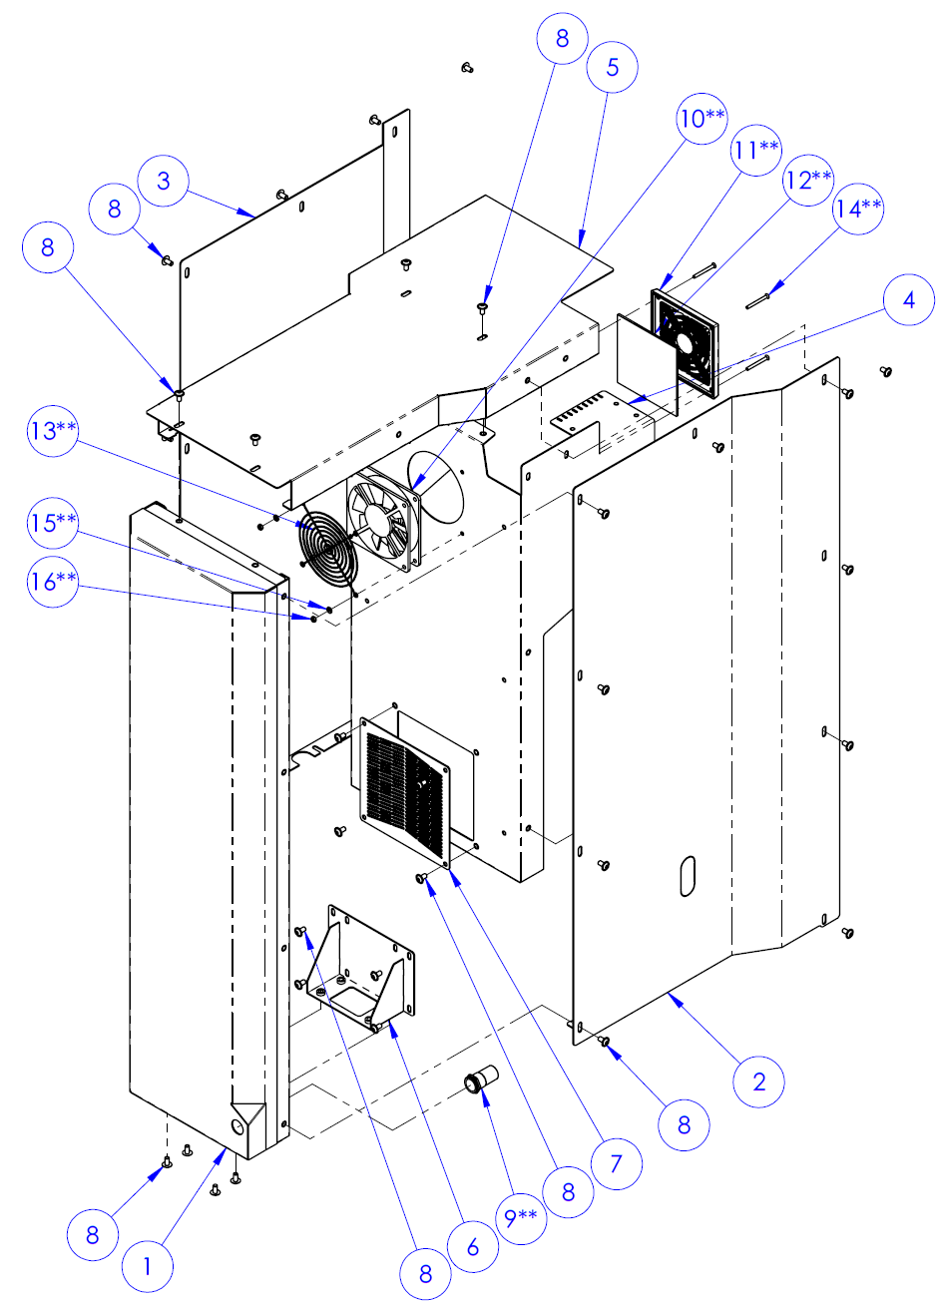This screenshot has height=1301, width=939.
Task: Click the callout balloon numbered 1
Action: (148, 1267)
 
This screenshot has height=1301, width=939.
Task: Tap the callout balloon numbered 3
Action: (164, 182)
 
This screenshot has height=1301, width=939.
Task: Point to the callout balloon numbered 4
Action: (908, 299)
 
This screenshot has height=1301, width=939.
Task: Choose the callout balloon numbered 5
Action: (613, 67)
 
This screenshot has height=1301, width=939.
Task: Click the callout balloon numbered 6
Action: (472, 1247)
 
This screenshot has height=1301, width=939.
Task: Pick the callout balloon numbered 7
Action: (616, 1163)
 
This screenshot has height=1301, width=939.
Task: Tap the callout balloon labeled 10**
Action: (703, 119)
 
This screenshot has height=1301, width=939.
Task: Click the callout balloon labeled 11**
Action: (756, 149)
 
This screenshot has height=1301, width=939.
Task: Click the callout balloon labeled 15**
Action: (54, 522)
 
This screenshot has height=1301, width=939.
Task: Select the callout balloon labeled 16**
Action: (54, 581)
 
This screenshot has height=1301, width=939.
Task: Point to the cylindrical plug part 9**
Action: (479, 1084)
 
